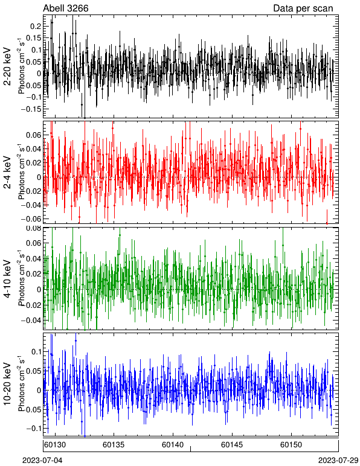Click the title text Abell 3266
point(66,8)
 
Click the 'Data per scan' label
point(303,8)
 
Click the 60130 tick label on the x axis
point(54,445)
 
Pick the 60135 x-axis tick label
point(114,445)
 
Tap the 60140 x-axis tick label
point(172,445)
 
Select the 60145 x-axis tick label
point(232,445)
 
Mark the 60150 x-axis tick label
point(291,445)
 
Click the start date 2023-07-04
point(42,461)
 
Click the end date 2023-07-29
point(338,461)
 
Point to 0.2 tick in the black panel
point(36,26)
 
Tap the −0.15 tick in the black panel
point(31,109)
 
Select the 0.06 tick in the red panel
point(33,135)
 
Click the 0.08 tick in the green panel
point(33,229)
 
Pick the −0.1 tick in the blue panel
point(33,428)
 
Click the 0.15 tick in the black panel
point(33,38)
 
